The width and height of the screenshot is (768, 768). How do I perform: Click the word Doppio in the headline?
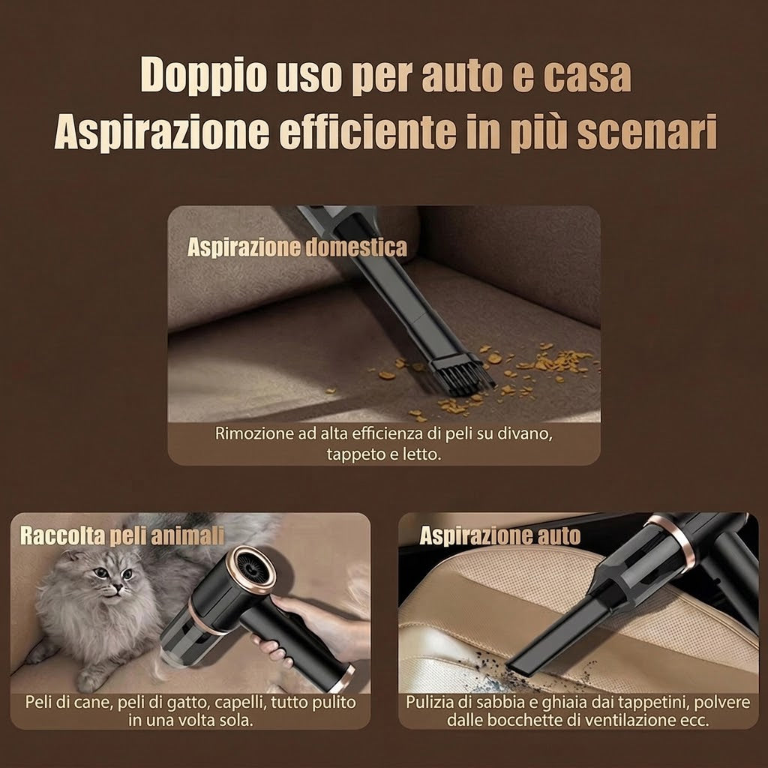[203, 76]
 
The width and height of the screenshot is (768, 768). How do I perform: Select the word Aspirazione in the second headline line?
[162, 132]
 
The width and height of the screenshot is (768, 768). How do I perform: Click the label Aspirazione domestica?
[297, 247]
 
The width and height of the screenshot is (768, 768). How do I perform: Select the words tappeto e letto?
[384, 454]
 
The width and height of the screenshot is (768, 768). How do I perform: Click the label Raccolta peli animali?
[122, 535]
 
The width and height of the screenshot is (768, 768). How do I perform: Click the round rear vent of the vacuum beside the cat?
[253, 570]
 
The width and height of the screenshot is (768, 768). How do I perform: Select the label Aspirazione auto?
[499, 535]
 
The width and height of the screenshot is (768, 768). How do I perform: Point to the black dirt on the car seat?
[495, 667]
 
